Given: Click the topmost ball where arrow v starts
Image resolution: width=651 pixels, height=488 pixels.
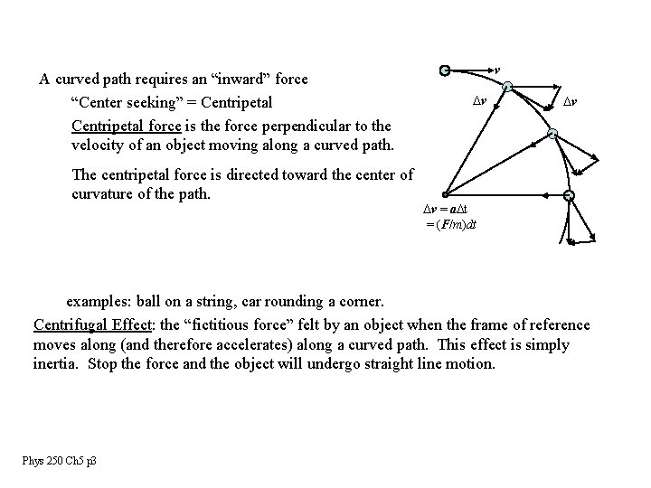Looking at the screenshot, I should tap(444, 70).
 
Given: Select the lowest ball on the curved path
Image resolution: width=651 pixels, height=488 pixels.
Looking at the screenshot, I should tap(569, 196).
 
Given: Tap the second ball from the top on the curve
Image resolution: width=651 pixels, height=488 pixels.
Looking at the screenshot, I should tap(508, 87).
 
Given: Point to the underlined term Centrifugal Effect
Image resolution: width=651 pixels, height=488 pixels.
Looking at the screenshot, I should tap(92, 324).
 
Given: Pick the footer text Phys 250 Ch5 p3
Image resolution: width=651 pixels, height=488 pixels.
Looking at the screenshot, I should tap(61, 461).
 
